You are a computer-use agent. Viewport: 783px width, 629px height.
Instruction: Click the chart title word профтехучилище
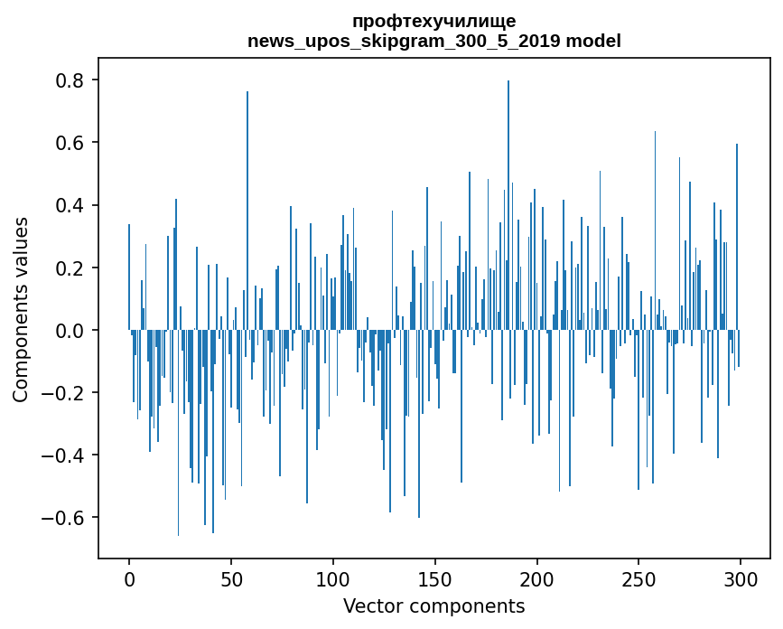tap(433, 22)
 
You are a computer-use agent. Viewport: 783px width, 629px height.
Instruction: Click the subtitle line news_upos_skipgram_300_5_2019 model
tap(433, 41)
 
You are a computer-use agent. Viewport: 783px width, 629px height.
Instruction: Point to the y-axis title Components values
tap(20, 309)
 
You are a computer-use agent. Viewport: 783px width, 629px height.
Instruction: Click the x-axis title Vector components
tap(433, 606)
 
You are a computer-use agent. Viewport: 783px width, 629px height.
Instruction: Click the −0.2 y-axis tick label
tap(63, 393)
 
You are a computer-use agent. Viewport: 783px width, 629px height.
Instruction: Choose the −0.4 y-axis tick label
tap(63, 455)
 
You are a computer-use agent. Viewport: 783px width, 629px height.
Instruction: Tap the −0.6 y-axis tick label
tap(63, 518)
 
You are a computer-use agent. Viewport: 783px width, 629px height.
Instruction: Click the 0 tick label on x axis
tap(129, 578)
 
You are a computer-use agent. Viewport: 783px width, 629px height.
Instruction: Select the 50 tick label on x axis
tap(231, 578)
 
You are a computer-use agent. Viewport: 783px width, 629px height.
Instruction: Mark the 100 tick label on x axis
tap(333, 578)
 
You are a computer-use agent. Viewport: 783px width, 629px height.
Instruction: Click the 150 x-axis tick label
tap(435, 578)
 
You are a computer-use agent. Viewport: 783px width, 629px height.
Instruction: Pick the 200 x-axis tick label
tap(537, 578)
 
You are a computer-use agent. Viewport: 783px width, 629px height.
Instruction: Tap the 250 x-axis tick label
tap(639, 578)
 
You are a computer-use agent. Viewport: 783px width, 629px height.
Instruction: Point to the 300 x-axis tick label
tap(741, 578)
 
